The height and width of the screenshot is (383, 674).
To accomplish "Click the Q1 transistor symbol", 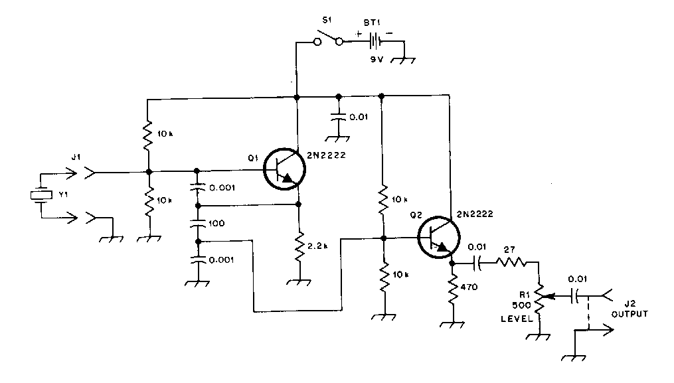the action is pos(284,169).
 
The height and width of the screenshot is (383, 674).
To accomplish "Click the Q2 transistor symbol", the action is pos(439,237).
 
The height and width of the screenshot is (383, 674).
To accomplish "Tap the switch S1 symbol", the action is pos(328,38).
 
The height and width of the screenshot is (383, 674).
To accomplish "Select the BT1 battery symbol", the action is pos(376,42).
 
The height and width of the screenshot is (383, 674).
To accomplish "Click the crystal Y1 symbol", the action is pos(41,195).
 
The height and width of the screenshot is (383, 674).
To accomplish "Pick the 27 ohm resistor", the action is pos(511,262).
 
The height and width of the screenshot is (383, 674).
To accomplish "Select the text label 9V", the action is pos(377,59).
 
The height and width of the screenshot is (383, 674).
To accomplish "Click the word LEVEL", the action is pos(517,319).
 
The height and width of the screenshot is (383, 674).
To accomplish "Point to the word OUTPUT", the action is pos(630,314).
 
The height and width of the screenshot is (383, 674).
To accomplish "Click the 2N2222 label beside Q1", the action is pos(326,155).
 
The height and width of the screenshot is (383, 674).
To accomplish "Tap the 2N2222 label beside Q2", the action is pos(475,214).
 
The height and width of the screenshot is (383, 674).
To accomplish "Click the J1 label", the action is pos(76,157).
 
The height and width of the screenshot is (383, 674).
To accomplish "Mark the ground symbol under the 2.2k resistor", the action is pos(299,282).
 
